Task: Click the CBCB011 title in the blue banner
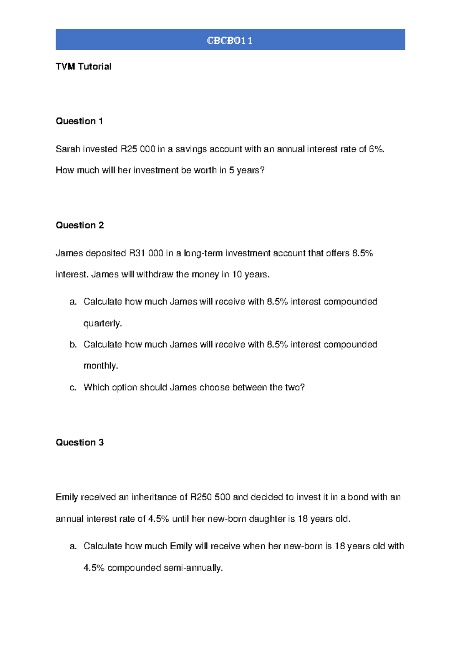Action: (x=230, y=40)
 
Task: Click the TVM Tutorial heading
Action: (x=83, y=66)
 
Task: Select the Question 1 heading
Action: (x=79, y=121)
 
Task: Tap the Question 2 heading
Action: (x=80, y=225)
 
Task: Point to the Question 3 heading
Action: (x=80, y=443)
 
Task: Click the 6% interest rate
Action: (x=376, y=149)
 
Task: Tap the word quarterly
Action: (x=102, y=324)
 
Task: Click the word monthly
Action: (x=100, y=366)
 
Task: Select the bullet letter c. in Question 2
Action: (x=73, y=388)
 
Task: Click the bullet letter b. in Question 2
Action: (x=73, y=345)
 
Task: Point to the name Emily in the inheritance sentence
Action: (x=67, y=497)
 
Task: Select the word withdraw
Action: (x=154, y=274)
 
